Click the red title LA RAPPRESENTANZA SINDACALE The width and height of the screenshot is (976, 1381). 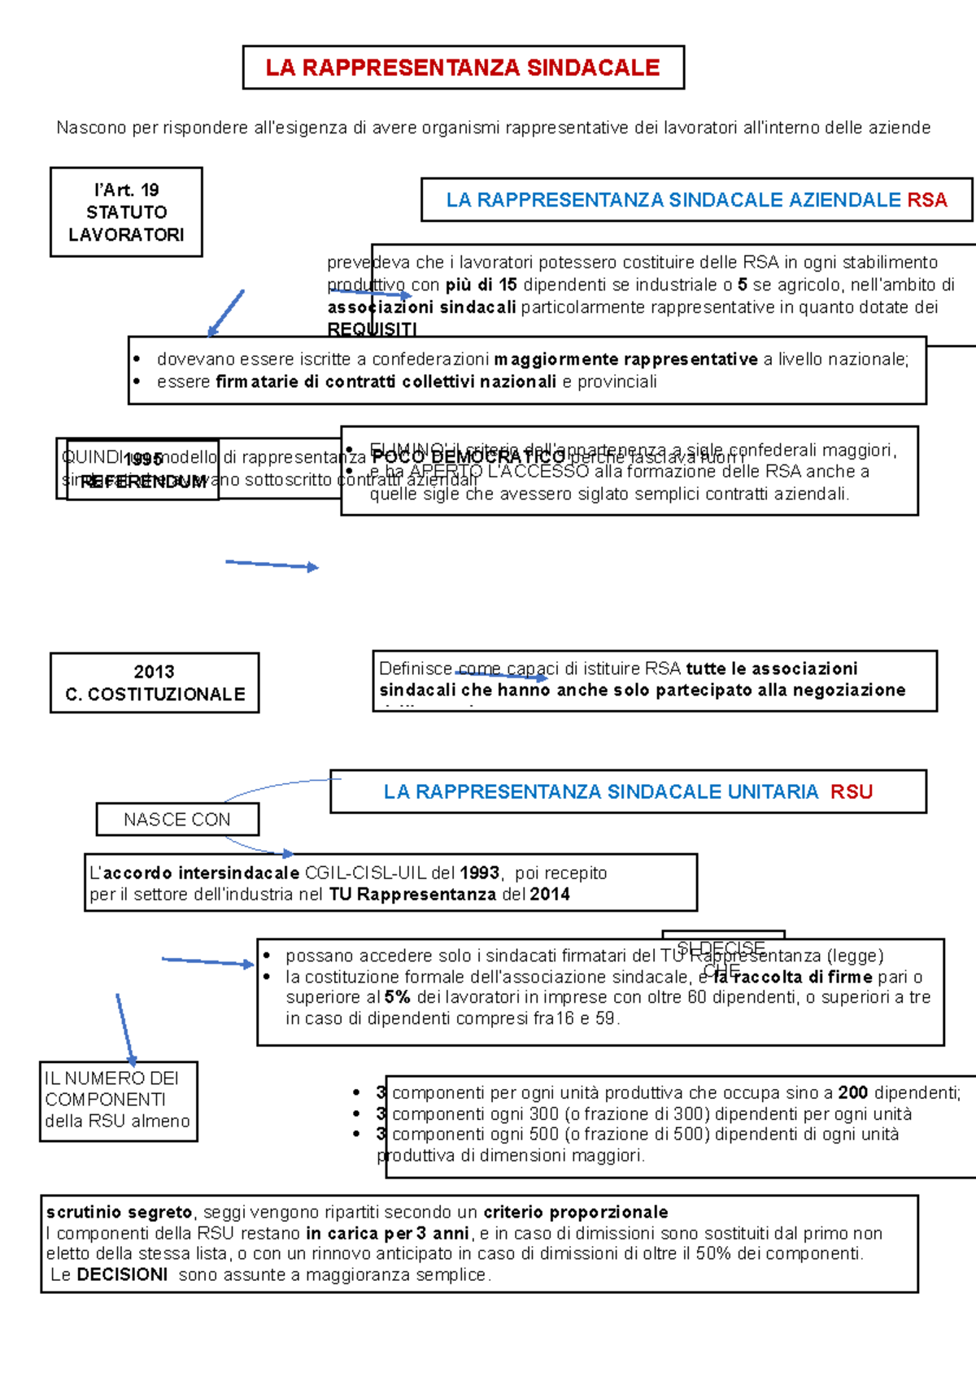(x=462, y=68)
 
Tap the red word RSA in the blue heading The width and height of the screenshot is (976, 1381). (x=926, y=200)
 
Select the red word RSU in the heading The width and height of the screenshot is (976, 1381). (x=851, y=792)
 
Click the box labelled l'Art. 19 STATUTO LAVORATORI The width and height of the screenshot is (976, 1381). (x=126, y=212)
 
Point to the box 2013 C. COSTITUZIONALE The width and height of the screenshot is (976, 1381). (x=155, y=683)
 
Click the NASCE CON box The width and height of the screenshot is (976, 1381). (x=177, y=820)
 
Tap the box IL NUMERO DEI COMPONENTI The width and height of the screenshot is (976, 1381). (x=118, y=1100)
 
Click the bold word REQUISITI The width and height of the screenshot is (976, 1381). (x=372, y=329)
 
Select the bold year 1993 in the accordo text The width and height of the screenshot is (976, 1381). (x=479, y=873)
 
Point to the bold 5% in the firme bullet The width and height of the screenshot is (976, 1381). (x=397, y=997)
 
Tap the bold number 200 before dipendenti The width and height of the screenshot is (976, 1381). (x=852, y=1093)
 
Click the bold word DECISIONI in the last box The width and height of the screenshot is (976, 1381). (x=122, y=1274)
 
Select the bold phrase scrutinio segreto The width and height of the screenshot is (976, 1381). (x=119, y=1212)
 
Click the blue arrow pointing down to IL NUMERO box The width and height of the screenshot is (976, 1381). (x=125, y=1029)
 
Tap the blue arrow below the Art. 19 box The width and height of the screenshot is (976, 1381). (x=225, y=313)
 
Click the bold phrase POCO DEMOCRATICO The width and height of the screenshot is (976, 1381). (x=468, y=458)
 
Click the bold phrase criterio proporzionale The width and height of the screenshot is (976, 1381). (x=575, y=1212)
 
